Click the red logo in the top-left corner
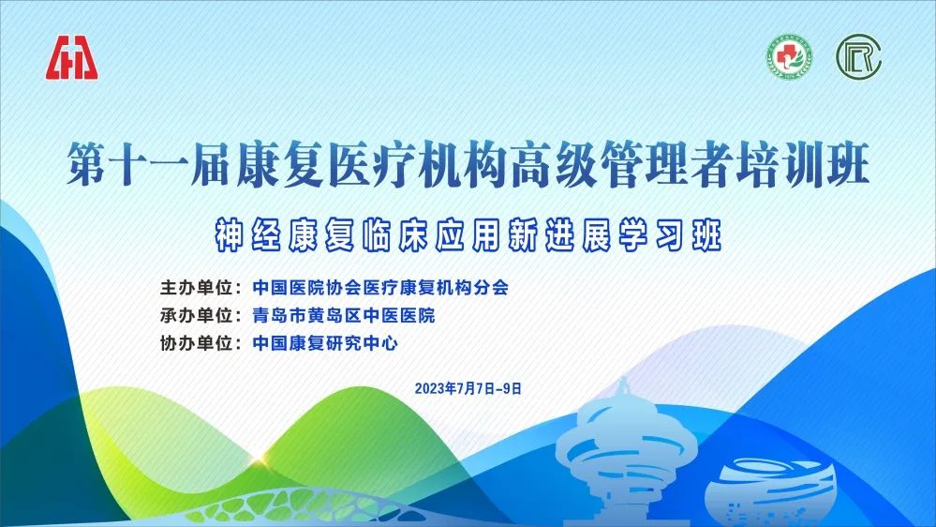point(72,57)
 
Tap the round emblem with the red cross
point(789,58)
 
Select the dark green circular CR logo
point(859,57)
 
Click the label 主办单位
point(197,287)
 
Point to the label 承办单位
point(197,315)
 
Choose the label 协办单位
point(197,343)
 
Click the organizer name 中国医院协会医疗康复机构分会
point(380,287)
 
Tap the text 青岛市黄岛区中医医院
point(344,315)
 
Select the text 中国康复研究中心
point(325,343)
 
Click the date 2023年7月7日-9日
point(468,388)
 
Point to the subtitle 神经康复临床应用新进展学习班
point(468,234)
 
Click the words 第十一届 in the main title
point(149,164)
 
